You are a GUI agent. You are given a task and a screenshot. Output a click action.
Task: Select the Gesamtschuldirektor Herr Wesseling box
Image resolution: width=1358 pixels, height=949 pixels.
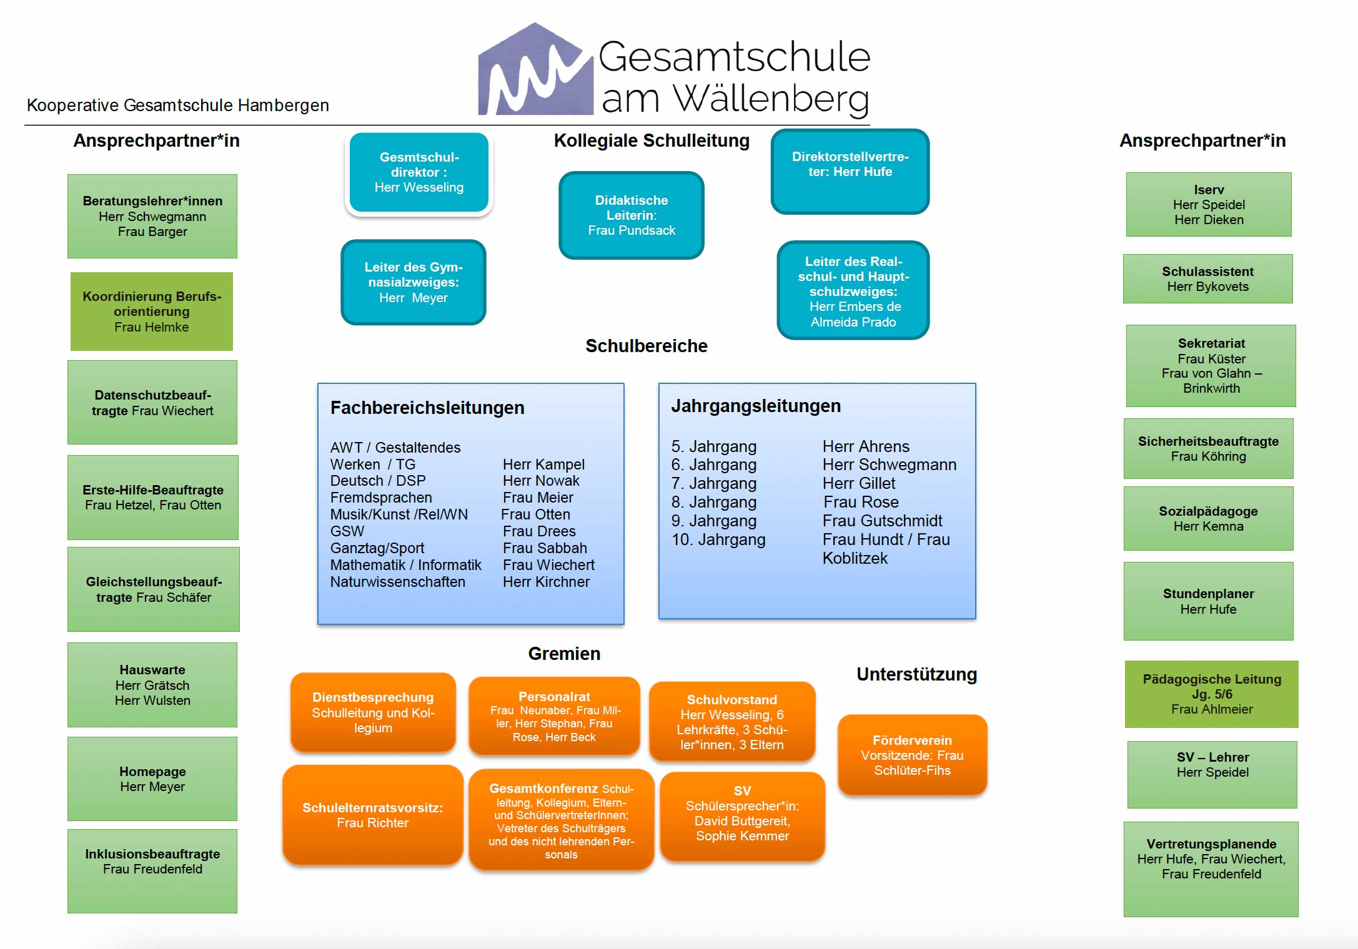(419, 172)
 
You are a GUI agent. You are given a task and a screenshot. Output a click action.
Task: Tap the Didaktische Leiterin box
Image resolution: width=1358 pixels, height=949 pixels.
(631, 215)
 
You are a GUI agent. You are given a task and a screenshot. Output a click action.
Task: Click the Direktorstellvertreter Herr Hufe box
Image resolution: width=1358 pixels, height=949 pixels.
(850, 172)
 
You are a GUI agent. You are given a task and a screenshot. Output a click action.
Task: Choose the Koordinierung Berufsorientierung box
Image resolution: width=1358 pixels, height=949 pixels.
(152, 312)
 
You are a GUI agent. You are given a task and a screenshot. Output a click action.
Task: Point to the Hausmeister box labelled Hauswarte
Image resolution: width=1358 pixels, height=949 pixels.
(152, 685)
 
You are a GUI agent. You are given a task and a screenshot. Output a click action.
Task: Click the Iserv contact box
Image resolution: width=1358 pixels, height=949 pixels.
(1208, 205)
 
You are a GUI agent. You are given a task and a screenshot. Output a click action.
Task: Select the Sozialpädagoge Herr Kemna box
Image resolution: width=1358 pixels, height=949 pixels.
(1208, 519)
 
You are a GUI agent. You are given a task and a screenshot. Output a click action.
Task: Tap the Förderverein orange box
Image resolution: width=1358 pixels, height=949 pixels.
(912, 755)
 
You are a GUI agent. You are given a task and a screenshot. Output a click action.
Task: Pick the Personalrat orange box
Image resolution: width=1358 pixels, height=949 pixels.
(554, 716)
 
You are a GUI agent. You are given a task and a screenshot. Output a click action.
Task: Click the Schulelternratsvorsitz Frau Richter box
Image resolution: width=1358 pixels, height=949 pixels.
(372, 815)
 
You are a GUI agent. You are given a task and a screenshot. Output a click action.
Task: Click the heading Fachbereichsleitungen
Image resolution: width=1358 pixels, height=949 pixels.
(427, 408)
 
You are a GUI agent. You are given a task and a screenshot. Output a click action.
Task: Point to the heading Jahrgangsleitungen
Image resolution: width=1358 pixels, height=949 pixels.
(756, 406)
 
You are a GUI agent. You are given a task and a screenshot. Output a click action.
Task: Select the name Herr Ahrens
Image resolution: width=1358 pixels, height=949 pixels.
(866, 447)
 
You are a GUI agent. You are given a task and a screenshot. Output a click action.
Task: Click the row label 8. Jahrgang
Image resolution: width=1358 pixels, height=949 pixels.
(713, 503)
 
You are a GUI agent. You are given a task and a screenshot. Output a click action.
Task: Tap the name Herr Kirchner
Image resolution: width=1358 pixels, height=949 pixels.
(546, 582)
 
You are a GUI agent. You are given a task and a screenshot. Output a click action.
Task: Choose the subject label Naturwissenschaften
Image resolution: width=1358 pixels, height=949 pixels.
(397, 582)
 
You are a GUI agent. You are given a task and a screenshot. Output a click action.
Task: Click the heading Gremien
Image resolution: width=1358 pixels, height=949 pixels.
(564, 654)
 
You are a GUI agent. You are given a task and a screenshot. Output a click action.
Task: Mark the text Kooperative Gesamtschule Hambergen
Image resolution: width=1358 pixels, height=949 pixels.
(177, 106)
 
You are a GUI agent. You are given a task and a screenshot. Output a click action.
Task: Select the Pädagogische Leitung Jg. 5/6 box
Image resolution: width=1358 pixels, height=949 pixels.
(1211, 694)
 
